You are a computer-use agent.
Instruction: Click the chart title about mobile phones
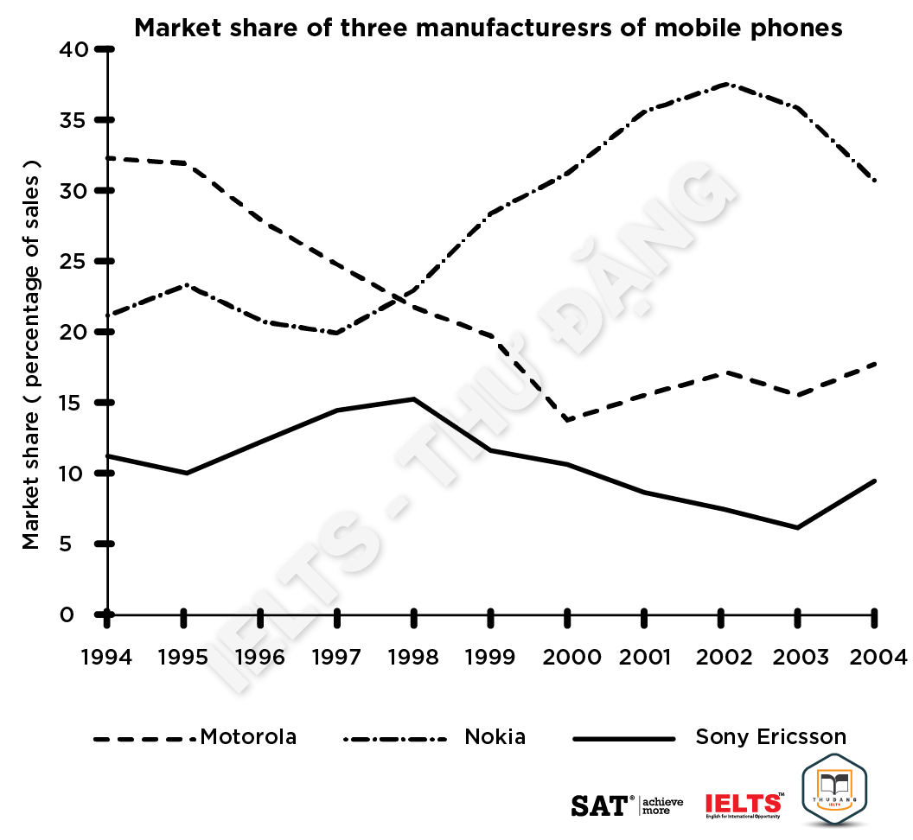(x=488, y=28)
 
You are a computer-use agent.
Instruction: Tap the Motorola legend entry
(x=248, y=737)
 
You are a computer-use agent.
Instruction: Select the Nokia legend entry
(x=495, y=737)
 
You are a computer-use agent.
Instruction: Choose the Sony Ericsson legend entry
(x=770, y=737)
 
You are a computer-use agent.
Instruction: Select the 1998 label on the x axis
(x=413, y=658)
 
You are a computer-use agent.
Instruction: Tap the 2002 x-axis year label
(x=721, y=658)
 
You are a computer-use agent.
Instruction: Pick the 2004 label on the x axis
(x=875, y=658)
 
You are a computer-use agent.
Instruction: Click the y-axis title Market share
(x=32, y=354)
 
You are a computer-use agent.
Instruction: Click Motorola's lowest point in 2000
(x=568, y=419)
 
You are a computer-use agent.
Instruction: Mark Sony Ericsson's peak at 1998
(x=414, y=398)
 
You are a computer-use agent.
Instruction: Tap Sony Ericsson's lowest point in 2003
(x=798, y=527)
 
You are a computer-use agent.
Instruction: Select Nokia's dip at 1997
(x=337, y=333)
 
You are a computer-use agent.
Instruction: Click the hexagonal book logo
(x=834, y=788)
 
